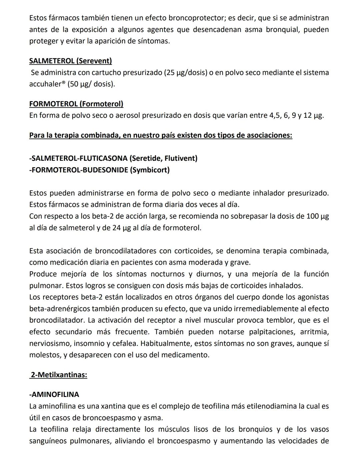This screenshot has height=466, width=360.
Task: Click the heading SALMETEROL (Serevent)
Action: coord(70,61)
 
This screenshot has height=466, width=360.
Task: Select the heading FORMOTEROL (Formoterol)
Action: coord(76,104)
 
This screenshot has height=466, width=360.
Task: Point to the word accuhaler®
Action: coord(47,84)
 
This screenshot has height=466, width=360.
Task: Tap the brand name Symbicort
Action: coord(150,170)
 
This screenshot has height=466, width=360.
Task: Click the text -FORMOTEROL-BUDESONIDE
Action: coord(78,170)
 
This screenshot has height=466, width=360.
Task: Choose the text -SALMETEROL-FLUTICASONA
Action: coord(78,158)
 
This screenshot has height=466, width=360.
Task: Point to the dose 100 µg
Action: coord(317,216)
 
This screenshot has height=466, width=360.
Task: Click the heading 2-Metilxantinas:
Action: coord(58,375)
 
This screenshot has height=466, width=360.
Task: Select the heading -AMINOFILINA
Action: coord(54,394)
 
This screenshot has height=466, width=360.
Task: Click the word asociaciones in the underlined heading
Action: coord(269,135)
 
